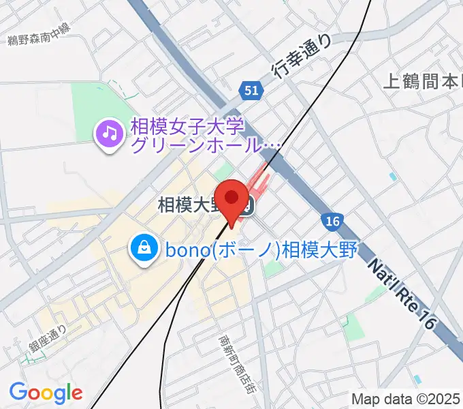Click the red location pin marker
[232, 199]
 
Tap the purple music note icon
[109, 133]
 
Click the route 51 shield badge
[250, 89]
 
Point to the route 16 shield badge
[332, 222]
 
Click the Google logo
[46, 392]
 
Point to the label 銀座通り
[48, 339]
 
